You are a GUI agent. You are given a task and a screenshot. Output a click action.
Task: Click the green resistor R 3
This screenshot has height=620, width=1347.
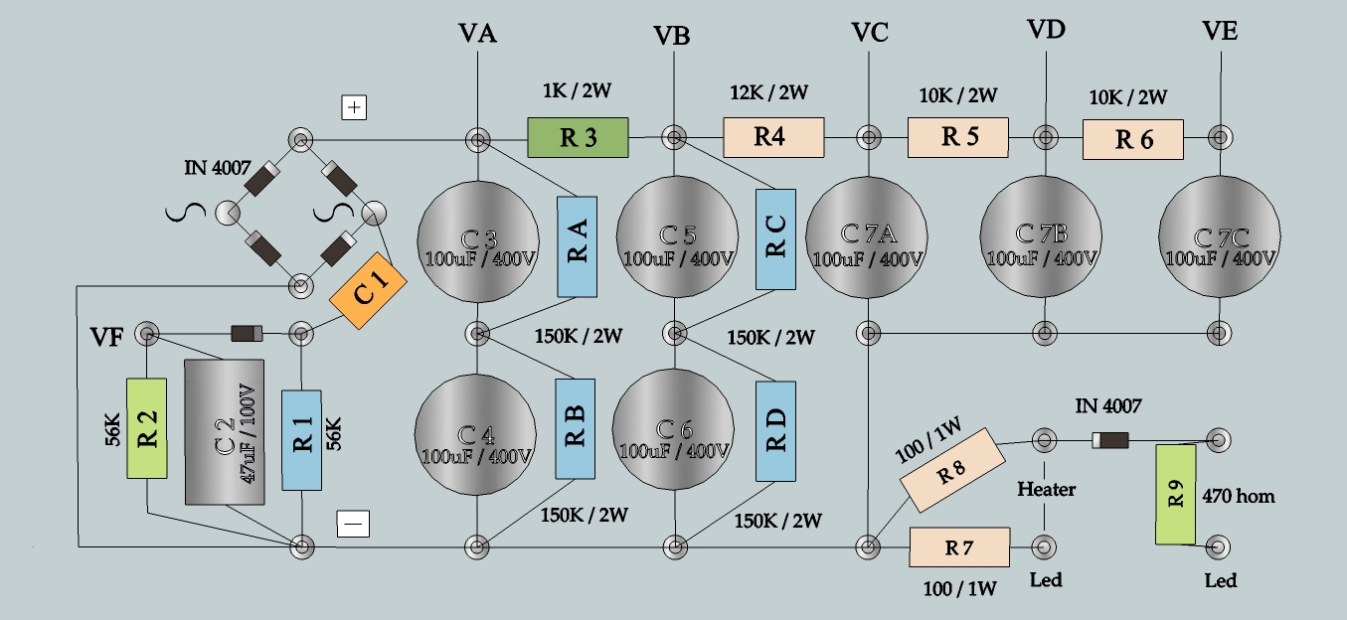click(578, 138)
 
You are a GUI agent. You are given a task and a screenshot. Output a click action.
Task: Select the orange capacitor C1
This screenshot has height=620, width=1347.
click(369, 295)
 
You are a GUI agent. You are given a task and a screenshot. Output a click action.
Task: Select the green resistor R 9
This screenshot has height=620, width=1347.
click(1175, 495)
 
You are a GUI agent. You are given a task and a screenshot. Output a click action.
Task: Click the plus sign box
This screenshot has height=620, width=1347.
click(354, 107)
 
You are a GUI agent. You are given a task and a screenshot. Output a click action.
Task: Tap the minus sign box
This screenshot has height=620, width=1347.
click(353, 523)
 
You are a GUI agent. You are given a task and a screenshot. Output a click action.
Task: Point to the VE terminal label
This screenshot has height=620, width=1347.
click(1219, 31)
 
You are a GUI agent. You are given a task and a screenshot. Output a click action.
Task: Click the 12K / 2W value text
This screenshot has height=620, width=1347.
click(768, 93)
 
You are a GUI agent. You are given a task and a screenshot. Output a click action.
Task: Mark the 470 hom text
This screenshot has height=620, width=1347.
click(1239, 495)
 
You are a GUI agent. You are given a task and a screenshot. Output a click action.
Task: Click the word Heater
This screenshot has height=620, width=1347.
click(1046, 489)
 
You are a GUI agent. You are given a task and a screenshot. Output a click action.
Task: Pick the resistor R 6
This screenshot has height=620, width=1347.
click(1133, 139)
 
